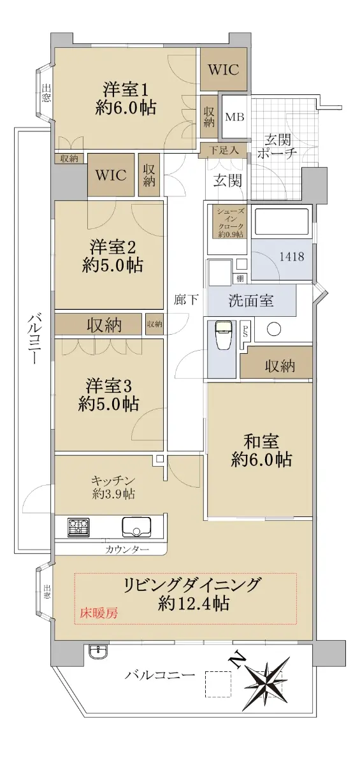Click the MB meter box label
(234, 117)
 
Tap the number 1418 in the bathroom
(292, 256)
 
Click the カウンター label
(127, 550)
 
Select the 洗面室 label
(251, 300)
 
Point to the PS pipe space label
(245, 331)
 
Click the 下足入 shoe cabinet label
(224, 150)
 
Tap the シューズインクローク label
(230, 222)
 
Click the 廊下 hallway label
(186, 300)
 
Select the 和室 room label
(261, 441)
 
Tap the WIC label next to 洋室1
(224, 69)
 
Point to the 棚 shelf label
(240, 278)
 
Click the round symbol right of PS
(274, 329)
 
